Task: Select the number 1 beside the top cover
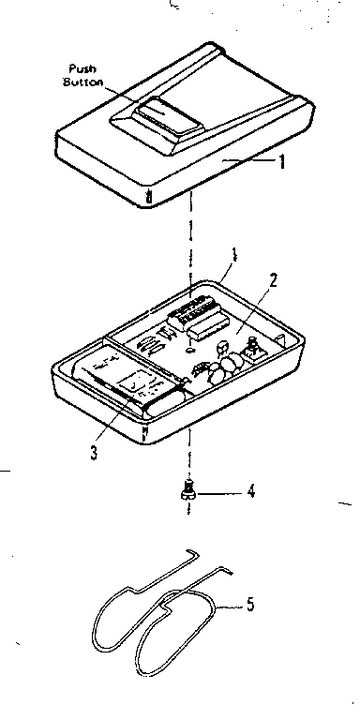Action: [280, 160]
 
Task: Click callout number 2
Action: [272, 278]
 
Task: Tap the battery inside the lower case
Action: [127, 383]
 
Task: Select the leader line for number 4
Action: [220, 490]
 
